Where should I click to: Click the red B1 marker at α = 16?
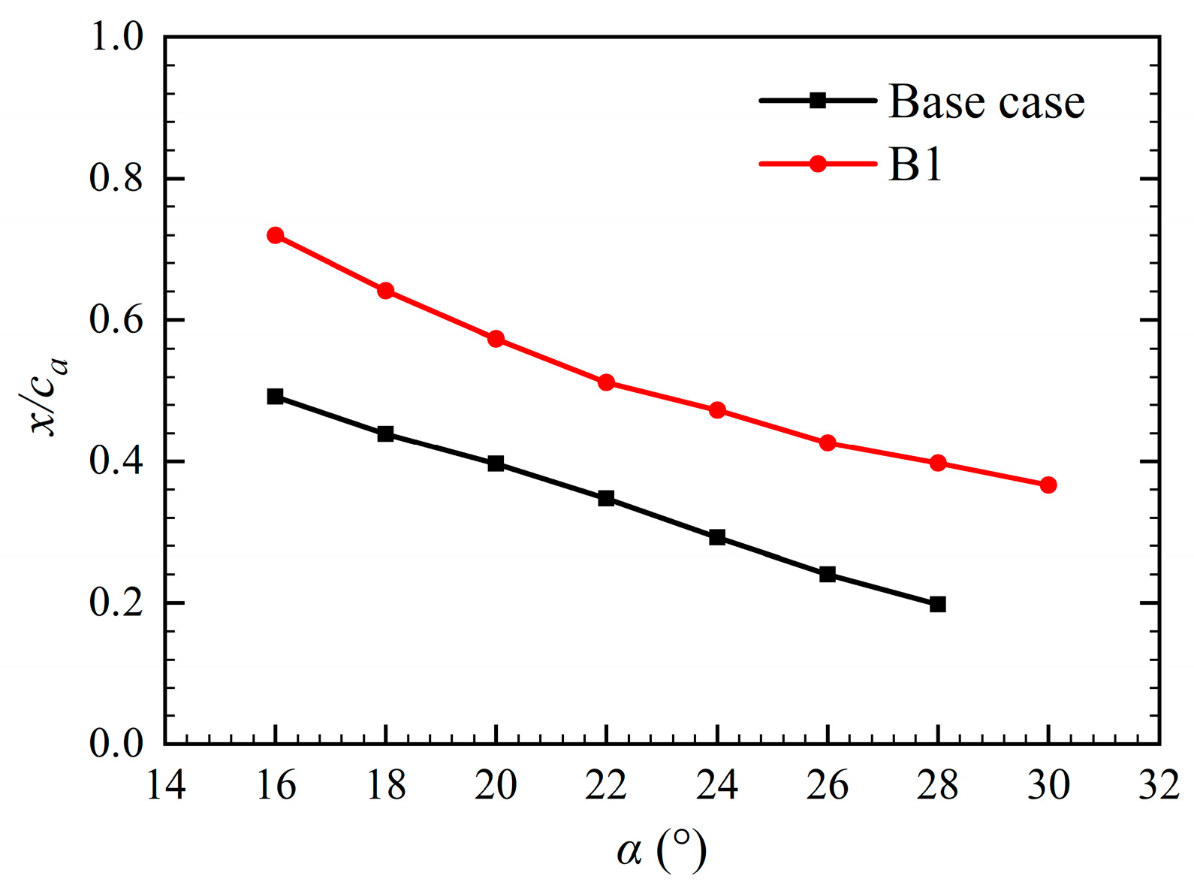(x=275, y=235)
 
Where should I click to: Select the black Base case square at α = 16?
(x=275, y=397)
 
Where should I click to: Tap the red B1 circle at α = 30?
(x=1048, y=485)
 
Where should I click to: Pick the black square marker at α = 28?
(x=937, y=604)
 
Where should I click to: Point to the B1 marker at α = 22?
(x=606, y=382)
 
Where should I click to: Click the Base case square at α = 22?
(x=606, y=498)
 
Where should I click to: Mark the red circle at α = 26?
(x=828, y=442)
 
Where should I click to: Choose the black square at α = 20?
(x=496, y=464)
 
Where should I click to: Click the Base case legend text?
(x=986, y=101)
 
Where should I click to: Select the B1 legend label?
(x=915, y=164)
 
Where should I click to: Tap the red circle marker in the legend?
(x=818, y=164)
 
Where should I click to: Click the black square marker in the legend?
(x=818, y=101)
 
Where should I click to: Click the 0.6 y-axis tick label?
(x=116, y=320)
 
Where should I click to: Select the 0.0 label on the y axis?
(x=116, y=743)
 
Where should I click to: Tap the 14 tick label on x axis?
(x=165, y=786)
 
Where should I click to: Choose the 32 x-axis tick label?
(x=1159, y=786)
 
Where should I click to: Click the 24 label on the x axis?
(x=717, y=786)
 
